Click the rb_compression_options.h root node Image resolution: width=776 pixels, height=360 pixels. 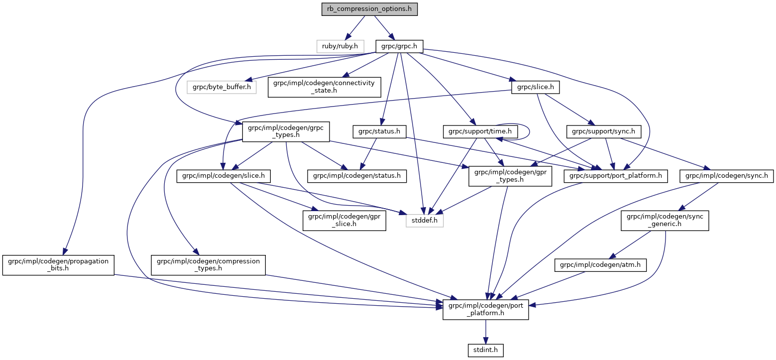(x=369, y=9)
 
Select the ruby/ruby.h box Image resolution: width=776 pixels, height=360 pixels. (x=340, y=46)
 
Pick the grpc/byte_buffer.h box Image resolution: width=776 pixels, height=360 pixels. (x=222, y=87)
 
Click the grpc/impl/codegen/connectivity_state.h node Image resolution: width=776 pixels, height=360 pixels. (x=324, y=87)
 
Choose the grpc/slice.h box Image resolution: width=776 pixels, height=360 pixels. (x=535, y=87)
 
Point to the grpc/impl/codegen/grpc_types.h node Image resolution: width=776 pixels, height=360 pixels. (x=283, y=131)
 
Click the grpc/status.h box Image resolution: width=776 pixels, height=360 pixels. (x=379, y=131)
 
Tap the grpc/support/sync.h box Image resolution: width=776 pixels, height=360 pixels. (x=604, y=131)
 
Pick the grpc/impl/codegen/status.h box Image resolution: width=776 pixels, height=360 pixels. (x=357, y=175)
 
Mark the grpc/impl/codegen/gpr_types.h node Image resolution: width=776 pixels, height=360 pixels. (x=510, y=175)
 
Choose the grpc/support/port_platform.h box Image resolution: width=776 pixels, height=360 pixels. (x=615, y=175)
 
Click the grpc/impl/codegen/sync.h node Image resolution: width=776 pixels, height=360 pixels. (x=727, y=175)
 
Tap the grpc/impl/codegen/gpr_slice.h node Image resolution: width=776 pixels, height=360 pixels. (x=344, y=220)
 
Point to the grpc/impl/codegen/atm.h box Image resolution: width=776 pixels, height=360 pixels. (x=600, y=266)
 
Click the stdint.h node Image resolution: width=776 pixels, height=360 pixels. (x=485, y=351)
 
